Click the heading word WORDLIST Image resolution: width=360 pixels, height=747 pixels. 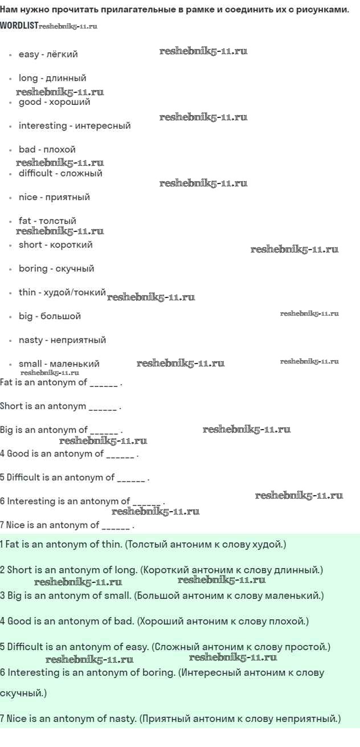point(19,26)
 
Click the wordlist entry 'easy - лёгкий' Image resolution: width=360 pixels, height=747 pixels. point(48,54)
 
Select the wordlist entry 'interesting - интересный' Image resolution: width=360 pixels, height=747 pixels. point(75,126)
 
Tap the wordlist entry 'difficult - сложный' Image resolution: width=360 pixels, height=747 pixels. point(60,173)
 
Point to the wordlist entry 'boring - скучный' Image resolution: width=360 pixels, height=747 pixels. point(56,268)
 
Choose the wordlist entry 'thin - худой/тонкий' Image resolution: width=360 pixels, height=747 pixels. point(62,292)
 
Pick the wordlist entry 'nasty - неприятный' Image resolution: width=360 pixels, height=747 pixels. point(62,340)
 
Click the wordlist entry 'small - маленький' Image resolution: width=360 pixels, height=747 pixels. point(59,364)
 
